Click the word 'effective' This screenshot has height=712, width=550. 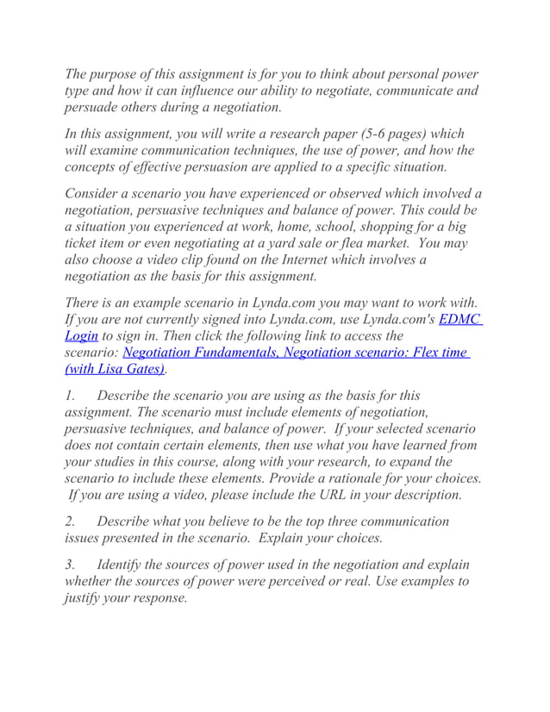click(x=159, y=167)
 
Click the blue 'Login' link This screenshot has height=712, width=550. click(x=82, y=336)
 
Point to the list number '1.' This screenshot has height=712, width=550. click(x=72, y=396)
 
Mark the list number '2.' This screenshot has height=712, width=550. click(x=72, y=522)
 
